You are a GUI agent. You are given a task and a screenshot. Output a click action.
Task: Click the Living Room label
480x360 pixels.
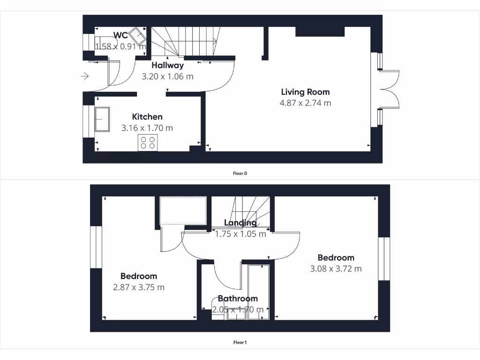click(305, 92)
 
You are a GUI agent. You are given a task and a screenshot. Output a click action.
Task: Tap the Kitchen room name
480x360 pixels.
click(147, 117)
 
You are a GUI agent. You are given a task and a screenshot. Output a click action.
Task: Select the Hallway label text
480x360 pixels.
click(167, 65)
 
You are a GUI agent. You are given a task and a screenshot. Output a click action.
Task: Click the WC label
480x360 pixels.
click(120, 35)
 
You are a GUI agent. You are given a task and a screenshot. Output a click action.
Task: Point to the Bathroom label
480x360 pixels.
click(238, 299)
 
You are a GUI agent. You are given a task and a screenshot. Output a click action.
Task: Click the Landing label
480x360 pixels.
click(240, 223)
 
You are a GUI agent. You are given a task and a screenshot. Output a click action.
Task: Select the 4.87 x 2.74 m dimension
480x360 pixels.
click(306, 103)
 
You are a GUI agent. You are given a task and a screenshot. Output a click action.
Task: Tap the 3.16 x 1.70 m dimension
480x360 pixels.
click(147, 127)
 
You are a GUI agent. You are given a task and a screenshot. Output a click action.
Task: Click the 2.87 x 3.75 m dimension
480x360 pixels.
click(139, 287)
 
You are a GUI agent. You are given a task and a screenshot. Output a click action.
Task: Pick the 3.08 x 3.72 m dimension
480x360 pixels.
click(336, 269)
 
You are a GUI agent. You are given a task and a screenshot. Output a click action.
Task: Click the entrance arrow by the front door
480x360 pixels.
click(85, 76)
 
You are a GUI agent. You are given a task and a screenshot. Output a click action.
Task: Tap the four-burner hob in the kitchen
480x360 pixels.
click(147, 142)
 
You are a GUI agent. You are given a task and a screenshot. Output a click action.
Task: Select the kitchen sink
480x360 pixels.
click(102, 120)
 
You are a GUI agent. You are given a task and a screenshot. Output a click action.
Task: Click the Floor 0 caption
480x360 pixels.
click(240, 173)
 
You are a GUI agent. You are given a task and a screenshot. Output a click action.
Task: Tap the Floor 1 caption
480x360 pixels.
click(240, 342)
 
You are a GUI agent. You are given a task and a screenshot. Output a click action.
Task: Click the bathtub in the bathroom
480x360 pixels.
click(258, 291)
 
